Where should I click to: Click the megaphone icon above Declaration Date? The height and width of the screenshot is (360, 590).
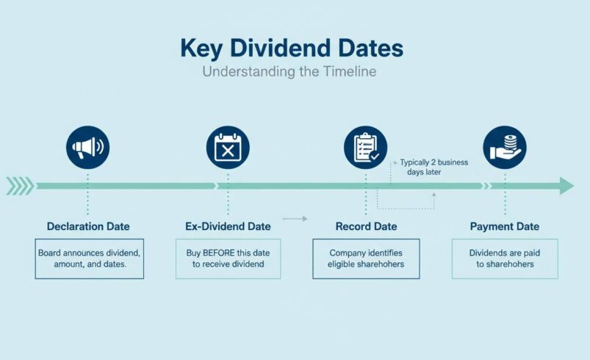tap(87, 148)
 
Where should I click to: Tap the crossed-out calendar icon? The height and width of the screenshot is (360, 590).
tap(228, 148)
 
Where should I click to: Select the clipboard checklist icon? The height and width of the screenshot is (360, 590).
tap(366, 148)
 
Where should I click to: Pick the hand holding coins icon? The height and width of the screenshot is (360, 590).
tap(505, 148)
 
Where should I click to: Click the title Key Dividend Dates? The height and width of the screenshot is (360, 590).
tap(292, 48)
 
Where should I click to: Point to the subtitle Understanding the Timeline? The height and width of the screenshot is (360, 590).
tap(289, 73)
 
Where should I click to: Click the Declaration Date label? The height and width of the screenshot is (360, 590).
tap(89, 226)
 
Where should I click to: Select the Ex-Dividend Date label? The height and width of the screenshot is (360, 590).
tap(228, 226)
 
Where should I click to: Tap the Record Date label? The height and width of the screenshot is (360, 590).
tap(366, 226)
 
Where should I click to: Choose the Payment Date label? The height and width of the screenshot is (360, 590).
tap(505, 226)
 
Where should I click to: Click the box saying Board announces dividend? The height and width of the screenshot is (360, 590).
tap(89, 259)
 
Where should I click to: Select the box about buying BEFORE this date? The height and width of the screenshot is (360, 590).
tap(228, 259)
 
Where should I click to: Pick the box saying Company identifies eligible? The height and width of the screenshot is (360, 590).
tap(366, 259)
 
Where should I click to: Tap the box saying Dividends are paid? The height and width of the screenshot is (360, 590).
tap(505, 259)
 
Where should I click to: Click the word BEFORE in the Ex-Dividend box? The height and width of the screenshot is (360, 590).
tap(218, 253)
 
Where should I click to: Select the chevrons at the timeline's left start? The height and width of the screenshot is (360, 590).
tap(19, 186)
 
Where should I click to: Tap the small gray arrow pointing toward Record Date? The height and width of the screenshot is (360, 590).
tap(295, 218)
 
